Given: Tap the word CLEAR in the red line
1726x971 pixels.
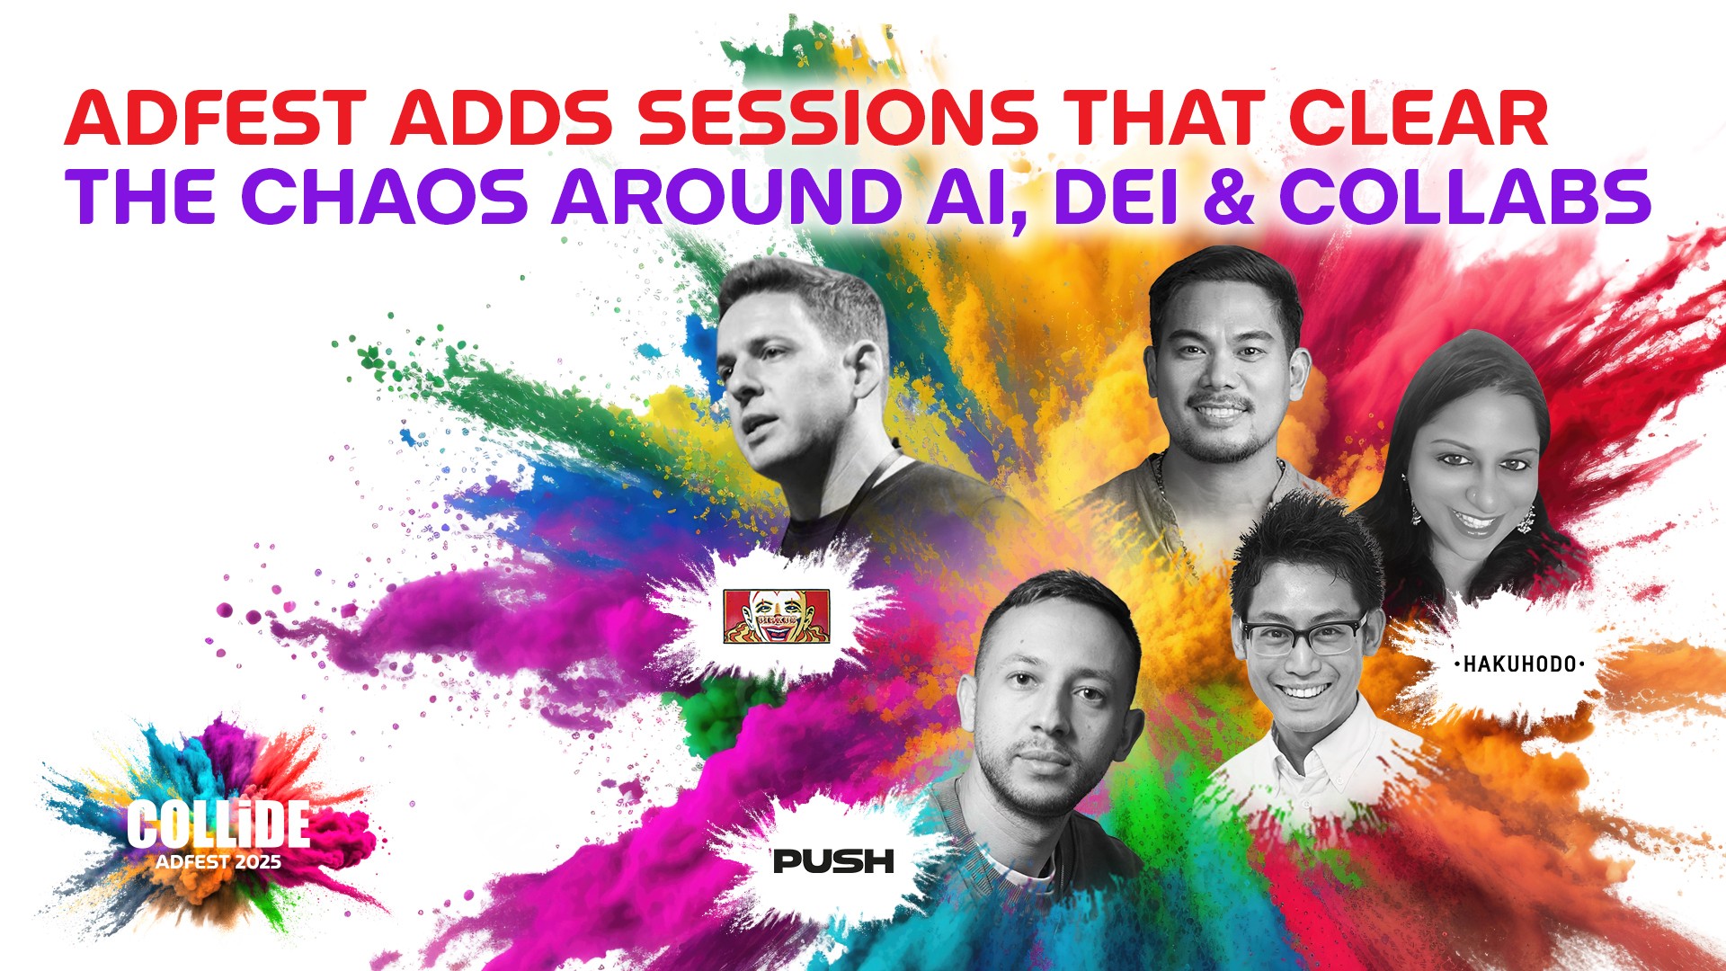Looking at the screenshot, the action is coord(1418,118).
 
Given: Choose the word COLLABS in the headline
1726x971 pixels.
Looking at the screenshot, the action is coord(1464,195).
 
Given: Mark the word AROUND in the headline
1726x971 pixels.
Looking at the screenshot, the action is coord(726,195).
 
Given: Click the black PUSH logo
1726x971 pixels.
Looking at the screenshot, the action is coord(833,861).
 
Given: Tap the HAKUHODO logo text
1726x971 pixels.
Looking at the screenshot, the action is coord(1519,664).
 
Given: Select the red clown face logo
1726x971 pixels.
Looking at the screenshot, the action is coord(777,616).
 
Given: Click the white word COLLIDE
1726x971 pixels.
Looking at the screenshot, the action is coord(218,824).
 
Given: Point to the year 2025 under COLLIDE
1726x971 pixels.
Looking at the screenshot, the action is coord(258,862).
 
